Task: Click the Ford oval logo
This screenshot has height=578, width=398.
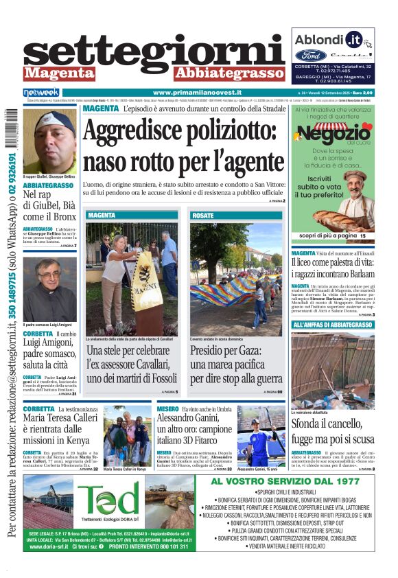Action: tap(310, 56)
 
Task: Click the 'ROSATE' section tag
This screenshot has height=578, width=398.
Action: tap(203, 216)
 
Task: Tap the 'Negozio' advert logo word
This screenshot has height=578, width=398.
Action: tap(333, 135)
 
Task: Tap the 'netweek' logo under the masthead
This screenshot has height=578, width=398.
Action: tap(41, 92)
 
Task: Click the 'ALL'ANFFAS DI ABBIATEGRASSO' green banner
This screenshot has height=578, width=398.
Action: tap(333, 325)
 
